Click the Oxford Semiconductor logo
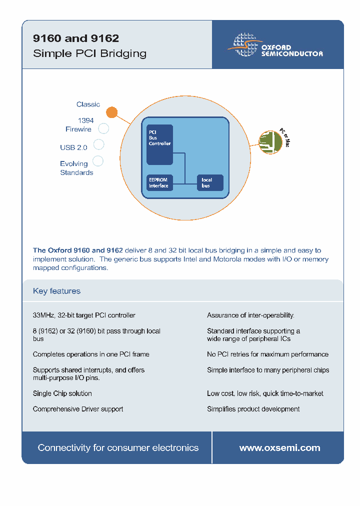coord(275,45)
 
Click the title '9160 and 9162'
coord(76,38)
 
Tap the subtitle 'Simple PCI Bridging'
coord(89,53)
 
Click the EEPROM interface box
coord(158,183)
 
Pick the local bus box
coord(209,183)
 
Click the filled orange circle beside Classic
coord(112,112)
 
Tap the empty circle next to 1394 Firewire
coord(103,128)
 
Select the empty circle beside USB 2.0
coord(99,144)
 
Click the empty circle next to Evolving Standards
coord(98,160)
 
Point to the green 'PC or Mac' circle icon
coord(270,142)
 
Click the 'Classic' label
coord(88,104)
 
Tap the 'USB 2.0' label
coord(73,147)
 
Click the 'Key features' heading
coord(56,291)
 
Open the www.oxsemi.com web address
coord(279,448)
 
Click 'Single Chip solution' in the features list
coord(62,393)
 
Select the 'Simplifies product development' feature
coord(253,409)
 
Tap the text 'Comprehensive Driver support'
coord(78,409)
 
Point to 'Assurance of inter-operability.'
coord(250,315)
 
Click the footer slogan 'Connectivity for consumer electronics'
coord(118,448)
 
